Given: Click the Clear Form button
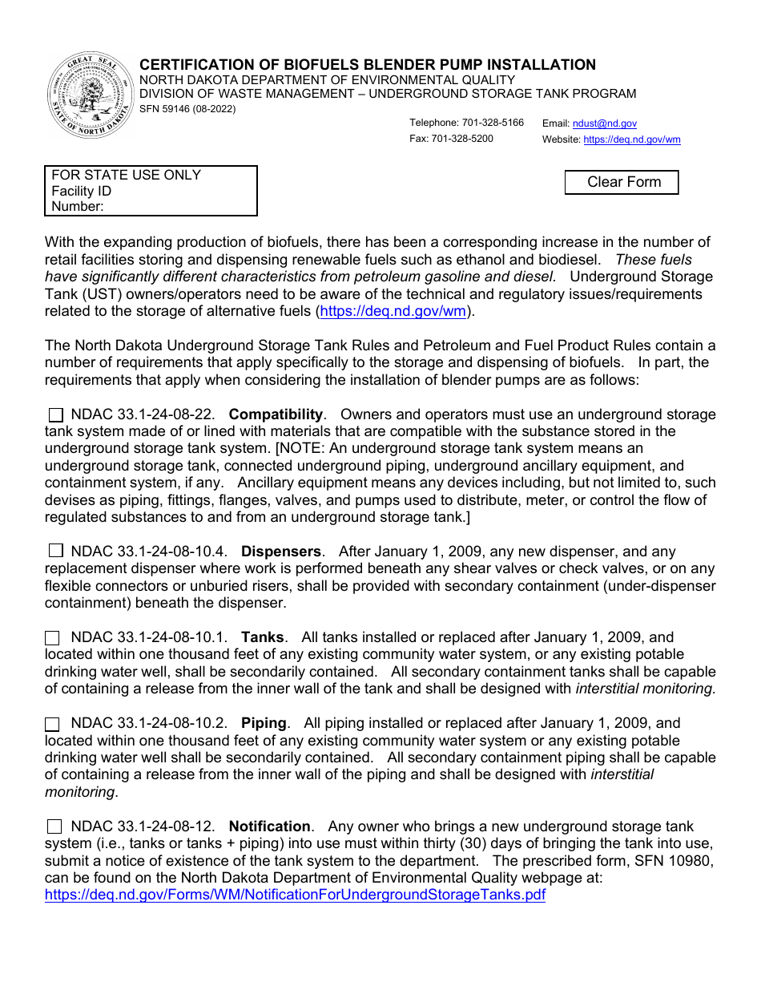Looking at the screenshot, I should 622,183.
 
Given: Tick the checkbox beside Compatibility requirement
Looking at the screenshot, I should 56,415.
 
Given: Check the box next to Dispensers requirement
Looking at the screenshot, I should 56,551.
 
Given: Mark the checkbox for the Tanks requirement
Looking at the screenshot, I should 52,638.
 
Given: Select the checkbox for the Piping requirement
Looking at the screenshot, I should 52,724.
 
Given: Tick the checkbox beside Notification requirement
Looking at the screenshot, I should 54,826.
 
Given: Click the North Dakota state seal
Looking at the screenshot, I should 91,95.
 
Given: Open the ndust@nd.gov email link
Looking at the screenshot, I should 605,123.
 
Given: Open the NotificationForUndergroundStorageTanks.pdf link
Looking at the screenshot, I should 295,895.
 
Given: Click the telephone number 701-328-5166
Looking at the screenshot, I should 493,123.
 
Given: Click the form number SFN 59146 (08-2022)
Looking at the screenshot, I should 187,109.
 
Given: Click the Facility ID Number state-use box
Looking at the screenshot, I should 151,191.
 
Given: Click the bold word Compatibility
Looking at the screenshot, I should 276,414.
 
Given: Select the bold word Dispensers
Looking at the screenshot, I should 280,552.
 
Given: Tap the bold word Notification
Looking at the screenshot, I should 269,826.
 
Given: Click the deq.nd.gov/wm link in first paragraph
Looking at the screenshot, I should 392,311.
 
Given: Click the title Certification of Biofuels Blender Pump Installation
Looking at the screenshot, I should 368,65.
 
